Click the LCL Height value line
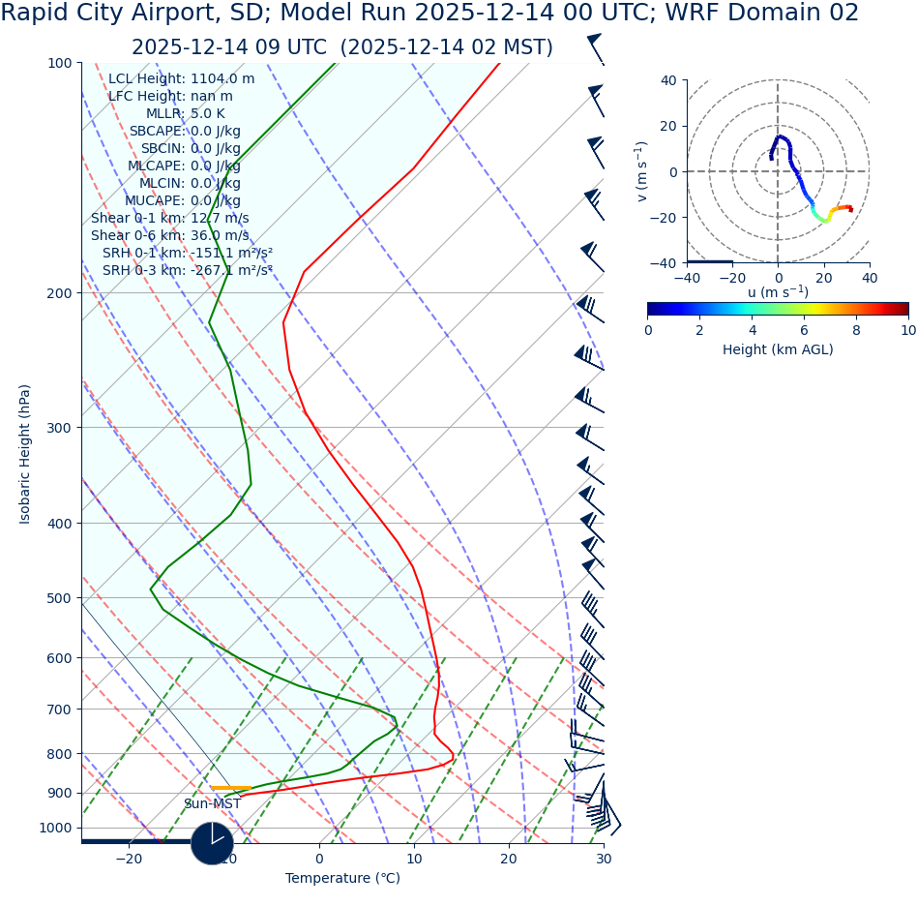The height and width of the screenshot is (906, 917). pos(181,79)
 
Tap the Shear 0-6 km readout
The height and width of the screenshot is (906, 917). pos(169,236)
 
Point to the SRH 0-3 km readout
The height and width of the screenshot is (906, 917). pos(187,271)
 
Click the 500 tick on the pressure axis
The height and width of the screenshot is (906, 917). pos(59,598)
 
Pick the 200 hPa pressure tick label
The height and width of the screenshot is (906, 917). pos(59,293)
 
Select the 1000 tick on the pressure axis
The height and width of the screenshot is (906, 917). pos(55,829)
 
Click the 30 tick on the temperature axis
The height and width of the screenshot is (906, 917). pos(604,860)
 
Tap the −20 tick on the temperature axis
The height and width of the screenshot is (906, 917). pos(129,860)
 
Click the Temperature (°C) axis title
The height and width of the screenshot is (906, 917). pos(342,879)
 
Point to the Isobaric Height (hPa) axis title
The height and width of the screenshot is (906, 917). pos(26,454)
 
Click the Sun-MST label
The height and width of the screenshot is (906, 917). pos(212,804)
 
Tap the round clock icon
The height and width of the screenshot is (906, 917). pos(212,843)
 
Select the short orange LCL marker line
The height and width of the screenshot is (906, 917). pos(230,788)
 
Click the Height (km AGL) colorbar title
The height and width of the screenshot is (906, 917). pos(778,350)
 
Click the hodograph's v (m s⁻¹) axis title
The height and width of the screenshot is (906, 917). pos(641,171)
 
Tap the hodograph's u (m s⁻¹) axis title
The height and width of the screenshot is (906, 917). pos(778,292)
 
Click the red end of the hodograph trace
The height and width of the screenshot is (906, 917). pos(850,209)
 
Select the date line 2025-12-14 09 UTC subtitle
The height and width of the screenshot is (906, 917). pos(342,47)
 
